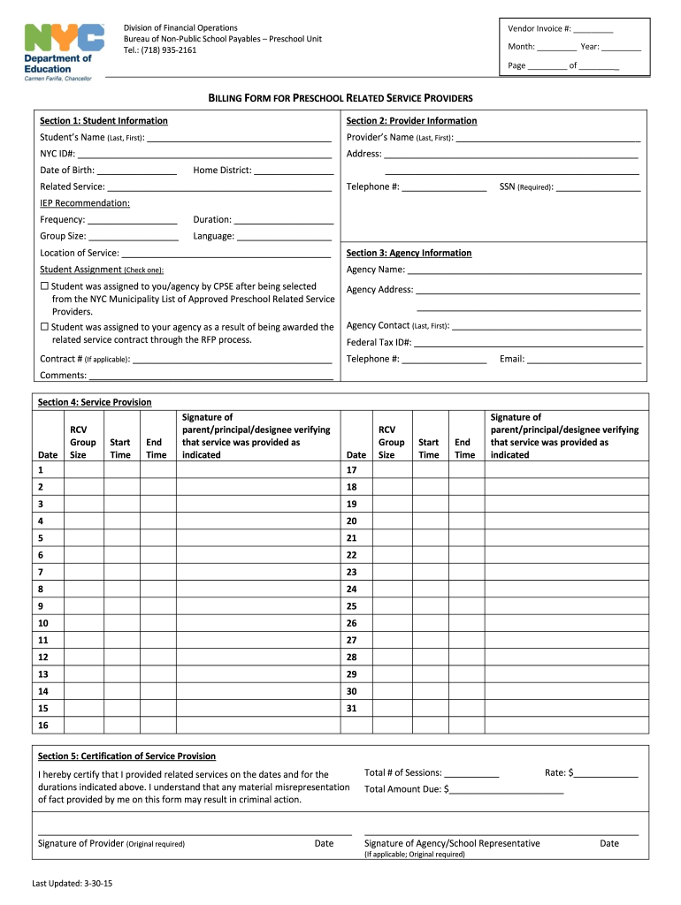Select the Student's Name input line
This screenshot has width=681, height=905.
(240, 139)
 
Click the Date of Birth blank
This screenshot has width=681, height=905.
(136, 171)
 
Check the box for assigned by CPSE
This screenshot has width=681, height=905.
(44, 287)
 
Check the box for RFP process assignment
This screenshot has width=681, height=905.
(44, 328)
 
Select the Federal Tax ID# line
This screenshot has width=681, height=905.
(528, 344)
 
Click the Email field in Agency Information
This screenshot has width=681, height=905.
(585, 360)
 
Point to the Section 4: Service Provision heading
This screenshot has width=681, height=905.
(95, 403)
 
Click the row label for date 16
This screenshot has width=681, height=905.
(43, 726)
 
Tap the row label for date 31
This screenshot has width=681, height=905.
(351, 709)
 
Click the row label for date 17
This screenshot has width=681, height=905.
(351, 471)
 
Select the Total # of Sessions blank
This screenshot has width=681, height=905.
(472, 774)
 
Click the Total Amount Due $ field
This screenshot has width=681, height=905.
(507, 790)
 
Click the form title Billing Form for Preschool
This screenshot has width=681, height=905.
(340, 98)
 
